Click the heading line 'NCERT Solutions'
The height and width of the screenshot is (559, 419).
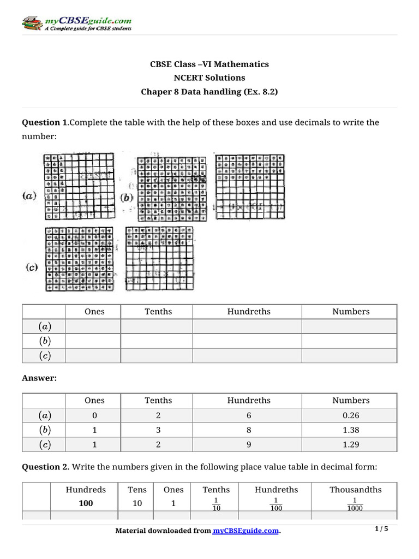209,78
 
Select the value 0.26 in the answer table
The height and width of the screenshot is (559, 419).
351,415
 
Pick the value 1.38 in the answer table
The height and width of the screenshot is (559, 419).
351,430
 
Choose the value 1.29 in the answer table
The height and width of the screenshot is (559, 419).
351,444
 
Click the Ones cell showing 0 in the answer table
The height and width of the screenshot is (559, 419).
94,415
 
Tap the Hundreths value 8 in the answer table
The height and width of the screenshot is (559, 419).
249,430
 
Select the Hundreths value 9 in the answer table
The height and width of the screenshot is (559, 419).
249,444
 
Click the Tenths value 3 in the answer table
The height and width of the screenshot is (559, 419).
158,430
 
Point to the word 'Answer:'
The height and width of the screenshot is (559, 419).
39,378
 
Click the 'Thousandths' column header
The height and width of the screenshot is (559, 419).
355,490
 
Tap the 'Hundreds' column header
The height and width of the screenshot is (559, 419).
86,490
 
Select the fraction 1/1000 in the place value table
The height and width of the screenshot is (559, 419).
355,504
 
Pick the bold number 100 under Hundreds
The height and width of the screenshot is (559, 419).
86,503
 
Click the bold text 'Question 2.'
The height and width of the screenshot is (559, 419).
45,467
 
